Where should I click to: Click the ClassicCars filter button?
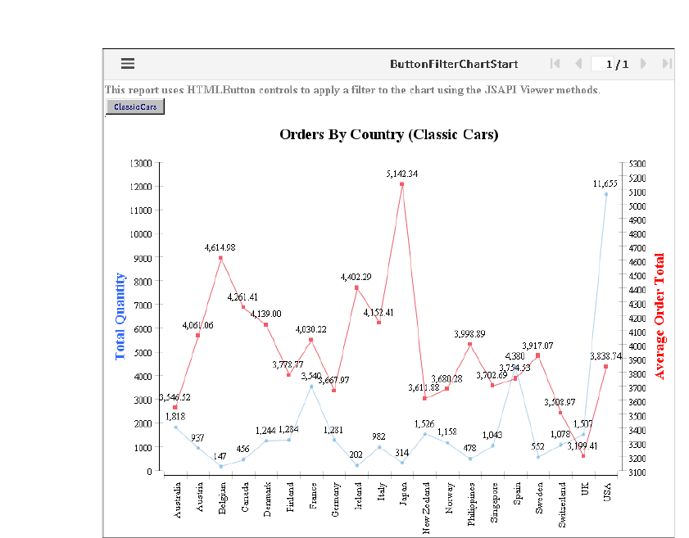(135, 107)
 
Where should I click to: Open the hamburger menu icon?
(127, 63)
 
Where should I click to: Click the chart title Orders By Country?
(388, 134)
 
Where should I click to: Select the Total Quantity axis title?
(120, 316)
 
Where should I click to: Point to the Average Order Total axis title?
(660, 316)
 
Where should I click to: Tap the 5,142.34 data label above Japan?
(401, 174)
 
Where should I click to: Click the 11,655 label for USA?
(606, 183)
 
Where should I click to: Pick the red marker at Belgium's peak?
(221, 258)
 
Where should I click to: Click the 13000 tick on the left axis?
(141, 163)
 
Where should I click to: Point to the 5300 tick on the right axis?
(638, 163)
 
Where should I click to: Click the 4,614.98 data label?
(220, 246)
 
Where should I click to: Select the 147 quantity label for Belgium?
(220, 455)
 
